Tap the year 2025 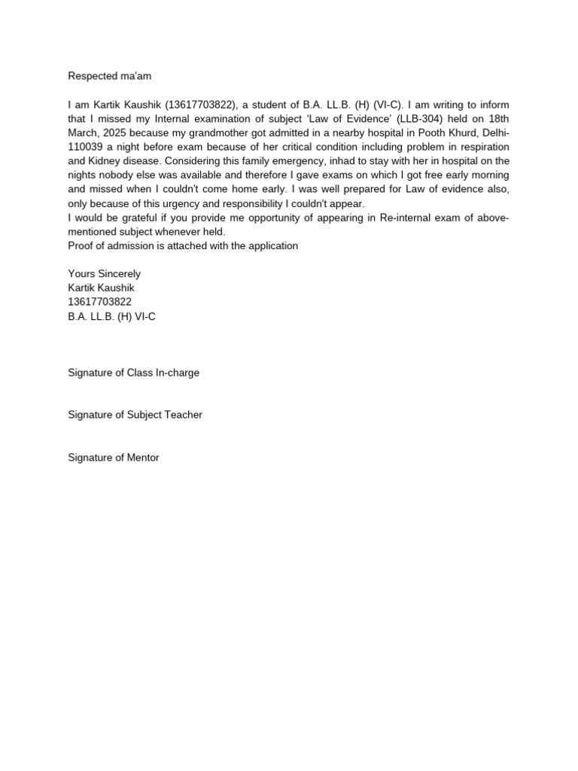[119, 133]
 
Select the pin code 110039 [87, 147]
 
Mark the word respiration [482, 147]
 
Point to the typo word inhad [327, 161]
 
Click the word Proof [81, 246]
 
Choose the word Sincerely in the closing [117, 274]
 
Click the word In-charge [178, 373]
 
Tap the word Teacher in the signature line [184, 415]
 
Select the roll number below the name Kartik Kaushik [100, 303]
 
